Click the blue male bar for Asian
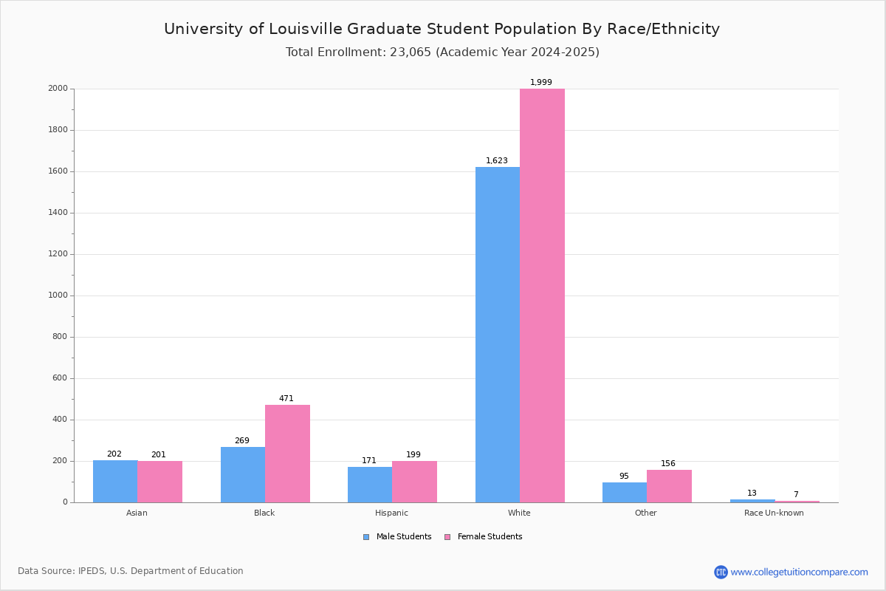tap(115, 481)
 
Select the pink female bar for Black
tap(287, 454)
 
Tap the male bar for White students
tap(498, 335)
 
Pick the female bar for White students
tap(542, 295)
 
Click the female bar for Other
tap(669, 486)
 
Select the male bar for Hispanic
tap(370, 485)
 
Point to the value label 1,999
tap(541, 83)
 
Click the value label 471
tap(286, 399)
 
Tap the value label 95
tap(624, 476)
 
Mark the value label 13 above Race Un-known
tap(752, 493)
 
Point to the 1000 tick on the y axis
tap(58, 295)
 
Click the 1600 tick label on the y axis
tap(58, 171)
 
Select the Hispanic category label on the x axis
tap(391, 513)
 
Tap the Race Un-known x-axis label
tap(774, 513)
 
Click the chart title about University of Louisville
tap(442, 29)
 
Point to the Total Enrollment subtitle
tap(442, 52)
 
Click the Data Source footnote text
tap(131, 571)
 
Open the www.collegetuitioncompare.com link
tap(799, 572)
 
